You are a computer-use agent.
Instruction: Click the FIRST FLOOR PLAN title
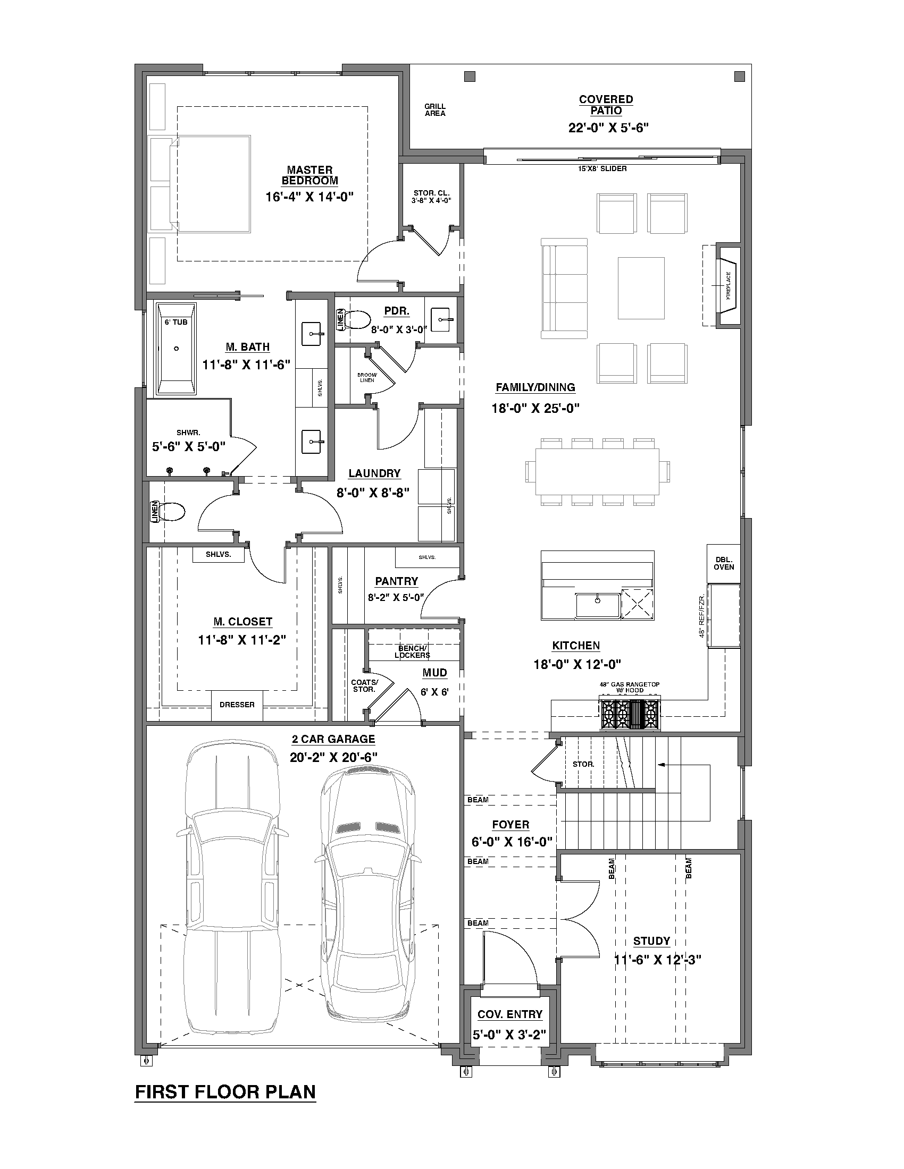[x=225, y=1091]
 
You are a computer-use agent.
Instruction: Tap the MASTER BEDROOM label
[x=309, y=175]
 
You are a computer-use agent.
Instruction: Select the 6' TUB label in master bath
[x=176, y=322]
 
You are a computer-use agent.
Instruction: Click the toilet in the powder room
[x=358, y=320]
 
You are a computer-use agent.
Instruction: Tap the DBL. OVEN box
[x=724, y=564]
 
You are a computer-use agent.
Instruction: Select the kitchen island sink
[x=597, y=605]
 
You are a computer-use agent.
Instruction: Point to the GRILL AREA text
[x=435, y=110]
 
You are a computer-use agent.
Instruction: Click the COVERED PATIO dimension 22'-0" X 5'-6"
[x=608, y=128]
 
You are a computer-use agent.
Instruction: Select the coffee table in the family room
[x=641, y=288]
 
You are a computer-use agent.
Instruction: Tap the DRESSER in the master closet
[x=237, y=705]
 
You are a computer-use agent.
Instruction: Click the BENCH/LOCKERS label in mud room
[x=412, y=651]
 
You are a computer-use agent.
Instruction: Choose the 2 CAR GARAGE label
[x=333, y=739]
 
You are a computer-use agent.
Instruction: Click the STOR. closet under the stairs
[x=583, y=764]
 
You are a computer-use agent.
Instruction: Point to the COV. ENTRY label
[x=510, y=1014]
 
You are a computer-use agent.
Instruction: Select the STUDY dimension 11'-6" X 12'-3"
[x=657, y=960]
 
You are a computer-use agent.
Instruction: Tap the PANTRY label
[x=396, y=581]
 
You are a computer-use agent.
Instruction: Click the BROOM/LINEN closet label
[x=367, y=377]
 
